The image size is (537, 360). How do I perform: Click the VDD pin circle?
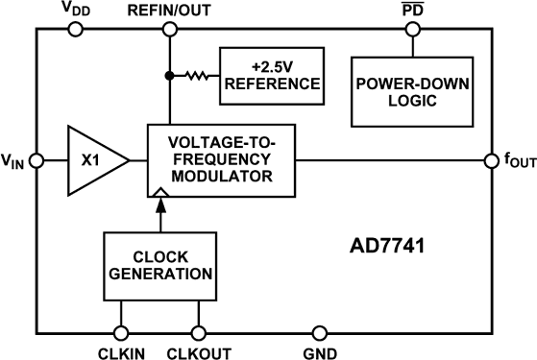[76, 29]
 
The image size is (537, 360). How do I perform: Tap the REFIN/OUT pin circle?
[169, 29]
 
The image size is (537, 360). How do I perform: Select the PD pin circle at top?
[413, 29]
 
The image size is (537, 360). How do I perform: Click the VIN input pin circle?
[37, 160]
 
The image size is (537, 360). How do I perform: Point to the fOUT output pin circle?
[492, 161]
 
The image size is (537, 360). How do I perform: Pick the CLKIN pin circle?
[121, 333]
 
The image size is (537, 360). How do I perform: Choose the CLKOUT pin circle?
[198, 333]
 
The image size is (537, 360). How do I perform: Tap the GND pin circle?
[320, 333]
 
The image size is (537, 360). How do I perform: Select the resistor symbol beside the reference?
[197, 76]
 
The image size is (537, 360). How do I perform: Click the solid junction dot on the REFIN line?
[169, 76]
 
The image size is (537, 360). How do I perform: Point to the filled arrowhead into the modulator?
[161, 205]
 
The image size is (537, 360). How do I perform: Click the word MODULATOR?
[222, 177]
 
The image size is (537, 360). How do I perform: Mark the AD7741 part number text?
[387, 246]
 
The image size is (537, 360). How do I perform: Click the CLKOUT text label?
[199, 353]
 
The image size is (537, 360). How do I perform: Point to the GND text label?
[320, 353]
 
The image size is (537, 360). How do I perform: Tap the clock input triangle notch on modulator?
[160, 193]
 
